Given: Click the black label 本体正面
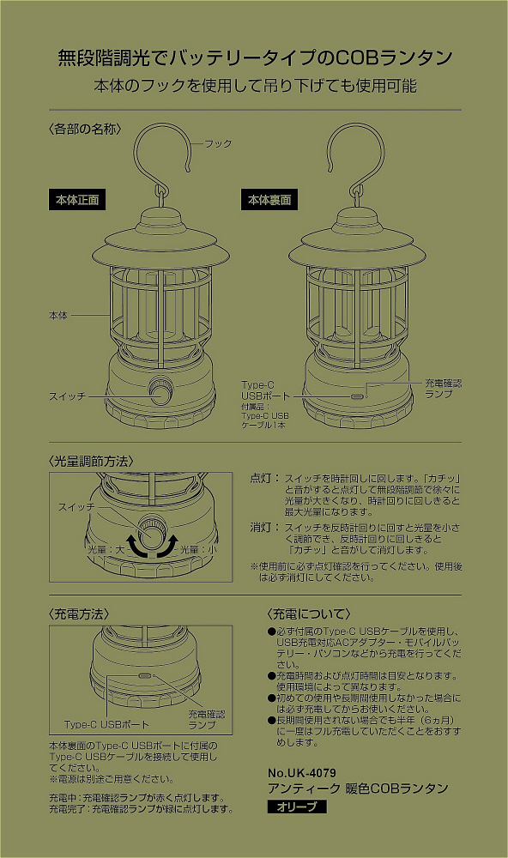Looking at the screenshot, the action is click(77, 200).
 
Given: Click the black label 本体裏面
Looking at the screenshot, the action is click(269, 200).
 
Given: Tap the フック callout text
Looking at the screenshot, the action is click(219, 144).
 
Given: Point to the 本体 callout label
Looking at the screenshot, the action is click(58, 315).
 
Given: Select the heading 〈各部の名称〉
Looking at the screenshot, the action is click(85, 130).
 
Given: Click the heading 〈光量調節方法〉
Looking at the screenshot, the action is click(91, 462).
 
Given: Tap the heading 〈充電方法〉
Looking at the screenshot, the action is click(79, 614).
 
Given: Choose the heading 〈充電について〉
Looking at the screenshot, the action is click(309, 614).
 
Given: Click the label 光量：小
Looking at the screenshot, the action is click(199, 549).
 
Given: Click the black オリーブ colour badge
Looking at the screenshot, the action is click(297, 807).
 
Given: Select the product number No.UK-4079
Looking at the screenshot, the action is click(302, 773).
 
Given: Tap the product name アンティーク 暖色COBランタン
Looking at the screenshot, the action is click(358, 789).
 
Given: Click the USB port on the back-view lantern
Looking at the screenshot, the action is click(359, 396).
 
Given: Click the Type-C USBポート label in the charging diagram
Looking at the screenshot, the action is click(106, 724).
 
